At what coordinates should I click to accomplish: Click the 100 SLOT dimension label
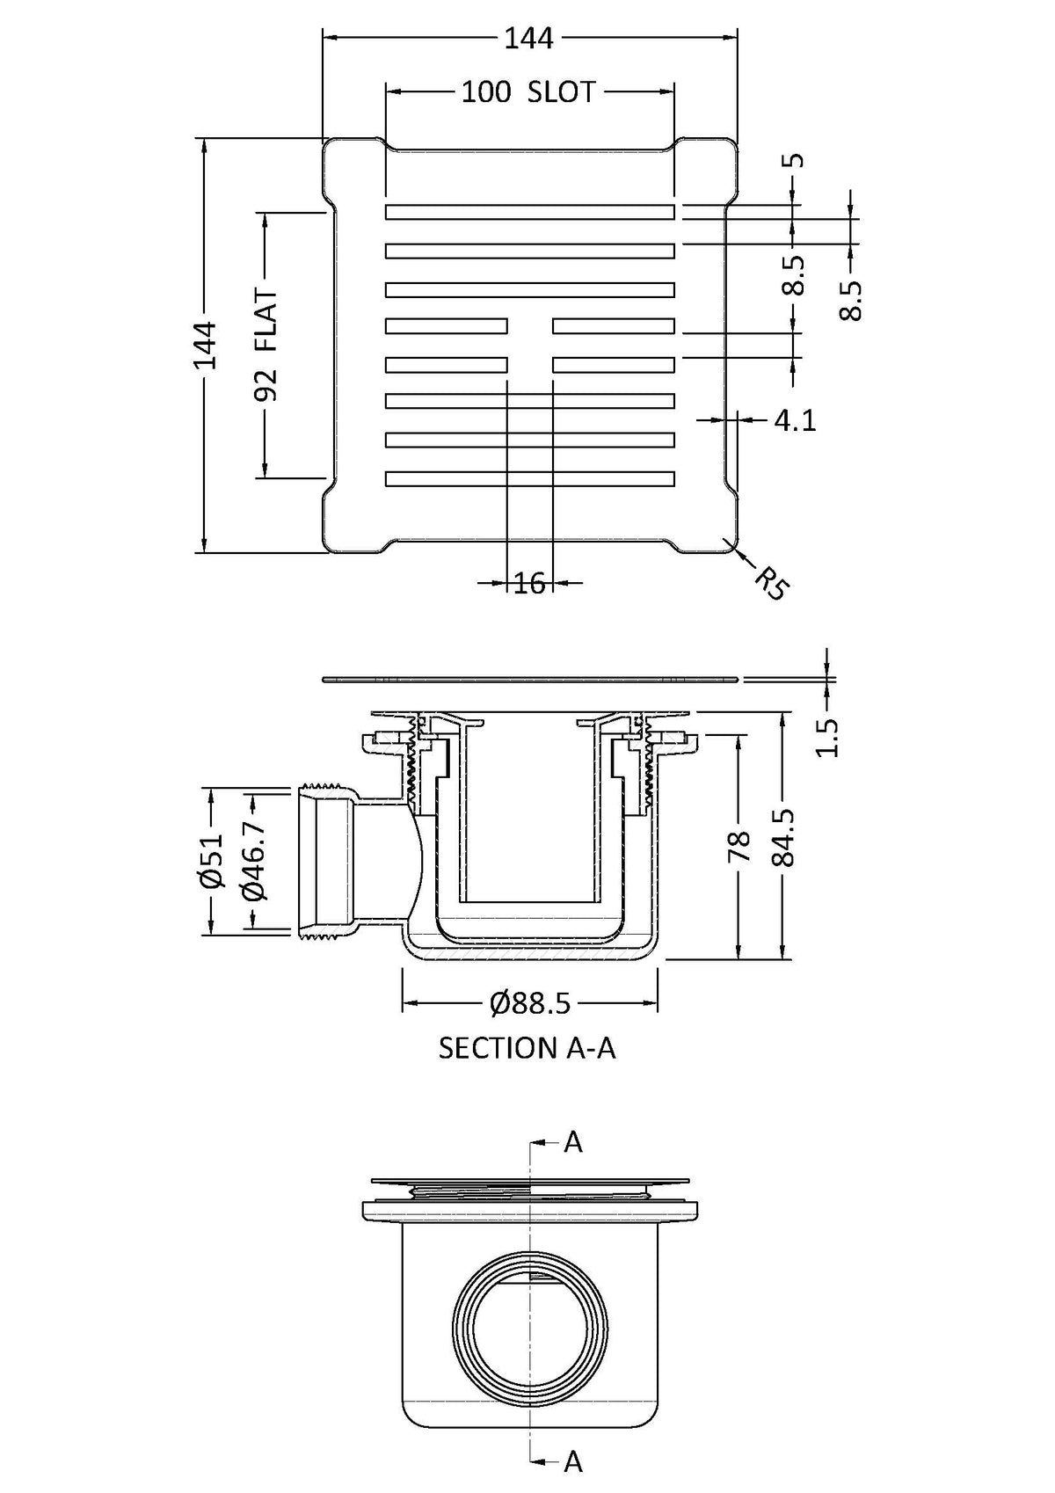(528, 91)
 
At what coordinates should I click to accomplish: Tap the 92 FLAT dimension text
(266, 346)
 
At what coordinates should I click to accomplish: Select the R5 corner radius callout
(770, 584)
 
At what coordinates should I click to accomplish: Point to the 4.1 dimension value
(795, 421)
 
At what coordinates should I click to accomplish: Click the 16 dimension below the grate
(529, 582)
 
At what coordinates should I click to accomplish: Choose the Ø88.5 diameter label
(530, 1002)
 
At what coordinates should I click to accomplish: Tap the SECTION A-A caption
(527, 1048)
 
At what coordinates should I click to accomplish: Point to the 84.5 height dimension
(782, 837)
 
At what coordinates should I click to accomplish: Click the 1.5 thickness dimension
(827, 737)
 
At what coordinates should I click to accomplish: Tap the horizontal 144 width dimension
(529, 39)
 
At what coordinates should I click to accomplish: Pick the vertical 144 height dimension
(204, 346)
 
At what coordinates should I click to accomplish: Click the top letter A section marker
(573, 1142)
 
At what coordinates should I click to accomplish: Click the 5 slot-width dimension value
(794, 160)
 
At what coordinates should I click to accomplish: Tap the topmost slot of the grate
(529, 212)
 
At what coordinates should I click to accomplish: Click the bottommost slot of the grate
(529, 477)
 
